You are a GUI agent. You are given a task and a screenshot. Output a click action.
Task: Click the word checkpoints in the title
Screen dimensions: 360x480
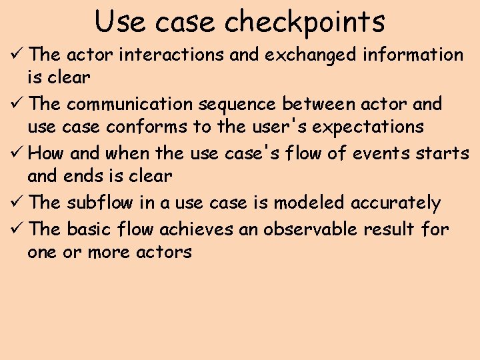click(x=305, y=22)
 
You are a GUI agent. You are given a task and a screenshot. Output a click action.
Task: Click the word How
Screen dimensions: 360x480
click(x=46, y=153)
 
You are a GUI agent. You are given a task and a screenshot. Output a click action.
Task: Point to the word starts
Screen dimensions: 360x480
click(x=441, y=153)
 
